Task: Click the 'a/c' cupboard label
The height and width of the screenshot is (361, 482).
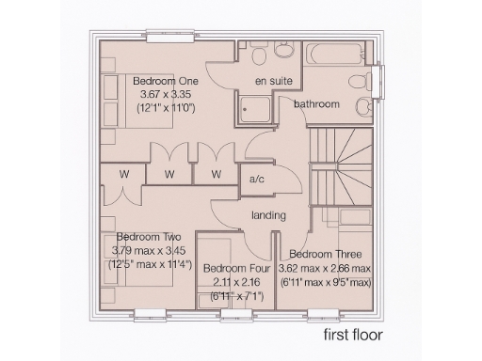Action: coord(255,179)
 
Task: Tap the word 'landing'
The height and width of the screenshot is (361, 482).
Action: coord(268,216)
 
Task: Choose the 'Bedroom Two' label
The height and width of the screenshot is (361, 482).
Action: coord(149,237)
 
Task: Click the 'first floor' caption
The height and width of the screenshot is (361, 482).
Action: coord(354,333)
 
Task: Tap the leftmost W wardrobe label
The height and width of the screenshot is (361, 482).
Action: coord(123,173)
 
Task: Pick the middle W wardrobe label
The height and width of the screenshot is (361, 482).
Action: coord(169,174)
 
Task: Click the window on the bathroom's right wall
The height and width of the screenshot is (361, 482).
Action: coord(380,79)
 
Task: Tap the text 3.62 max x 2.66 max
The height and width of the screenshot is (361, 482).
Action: coord(325,268)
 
